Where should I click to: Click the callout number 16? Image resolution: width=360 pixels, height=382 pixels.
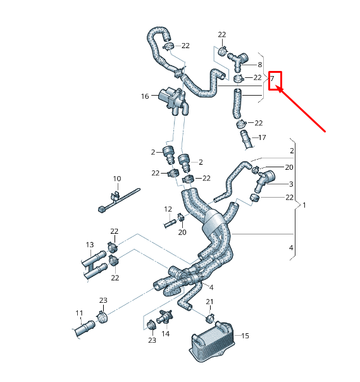pos(145,96)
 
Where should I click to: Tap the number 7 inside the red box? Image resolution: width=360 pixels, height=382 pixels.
pos(272,79)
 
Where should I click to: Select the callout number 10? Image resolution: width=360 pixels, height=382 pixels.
pos(116,179)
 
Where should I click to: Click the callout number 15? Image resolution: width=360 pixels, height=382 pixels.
pos(245,336)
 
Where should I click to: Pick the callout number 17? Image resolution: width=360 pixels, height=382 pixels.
pos(262,137)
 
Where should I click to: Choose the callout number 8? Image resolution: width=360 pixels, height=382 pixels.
pos(259,65)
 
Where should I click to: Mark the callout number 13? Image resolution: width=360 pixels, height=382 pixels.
pos(89,245)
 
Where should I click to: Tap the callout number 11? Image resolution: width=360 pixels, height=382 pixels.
pos(79,313)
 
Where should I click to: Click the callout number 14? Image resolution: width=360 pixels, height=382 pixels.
pos(166,333)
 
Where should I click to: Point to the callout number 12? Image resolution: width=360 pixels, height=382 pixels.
pos(168,209)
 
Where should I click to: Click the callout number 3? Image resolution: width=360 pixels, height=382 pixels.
pos(291,184)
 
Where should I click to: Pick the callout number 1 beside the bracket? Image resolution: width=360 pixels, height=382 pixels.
pos(304,205)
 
